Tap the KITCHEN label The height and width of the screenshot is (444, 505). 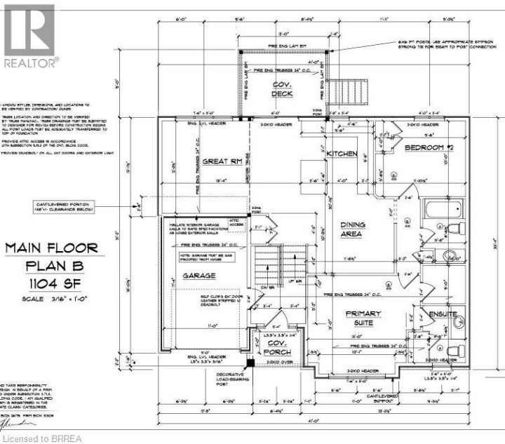(342, 153)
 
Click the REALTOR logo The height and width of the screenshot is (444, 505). (29, 35)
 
